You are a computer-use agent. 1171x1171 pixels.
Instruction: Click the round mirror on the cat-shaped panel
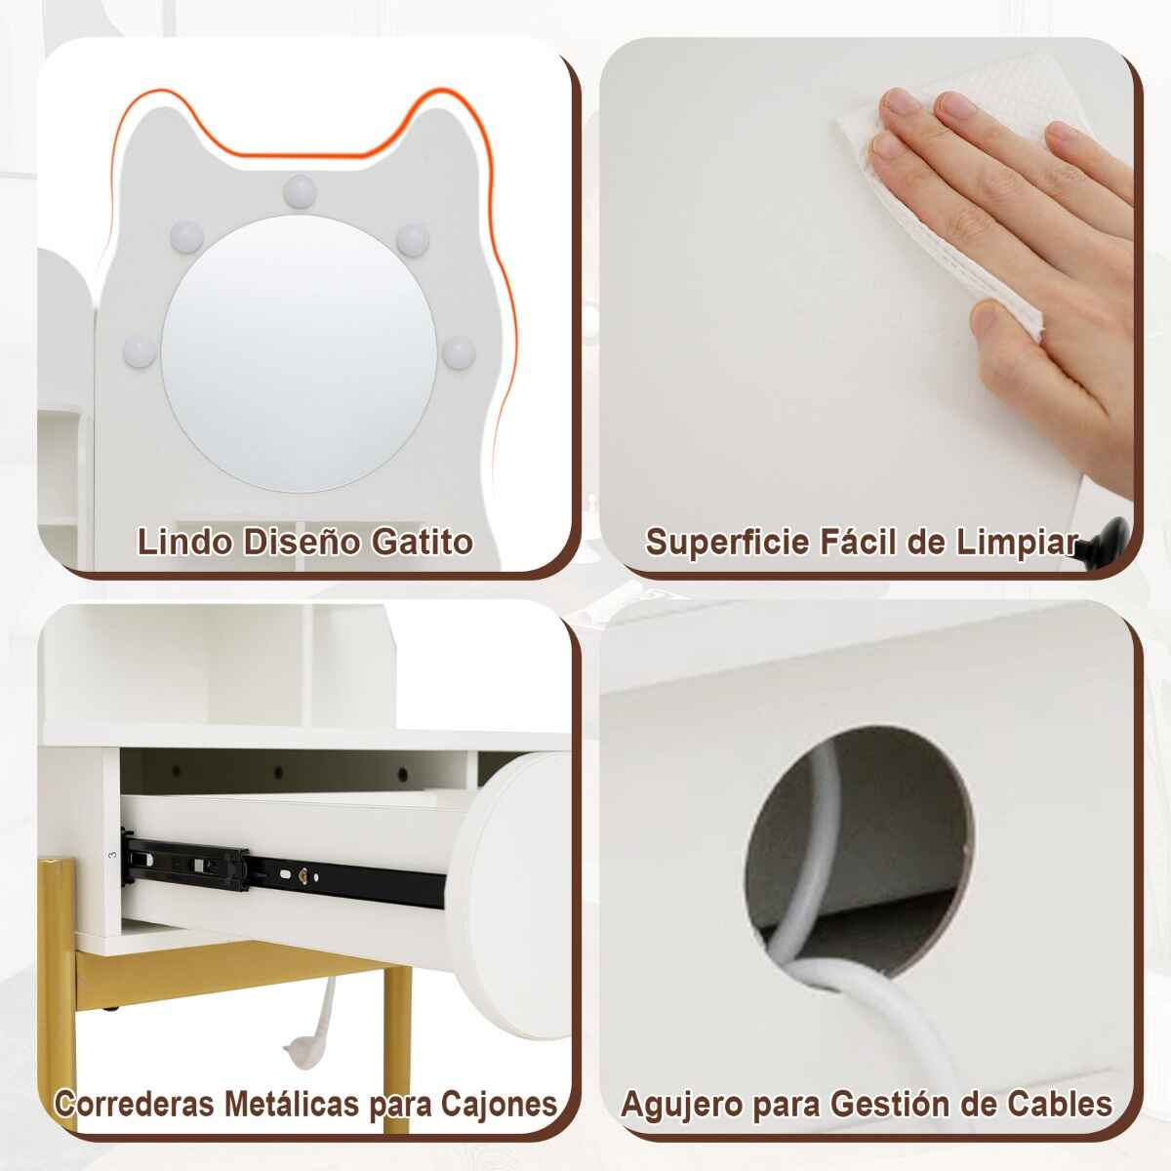[x=300, y=353]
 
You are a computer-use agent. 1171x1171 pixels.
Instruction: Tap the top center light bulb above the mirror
[x=300, y=190]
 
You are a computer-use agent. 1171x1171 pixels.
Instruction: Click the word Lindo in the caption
[x=184, y=542]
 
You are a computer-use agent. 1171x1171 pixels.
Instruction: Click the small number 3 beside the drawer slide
[x=112, y=855]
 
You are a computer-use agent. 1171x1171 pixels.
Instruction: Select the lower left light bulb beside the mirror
[x=140, y=352]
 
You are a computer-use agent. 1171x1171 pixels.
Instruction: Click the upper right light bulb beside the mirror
[x=413, y=240]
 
